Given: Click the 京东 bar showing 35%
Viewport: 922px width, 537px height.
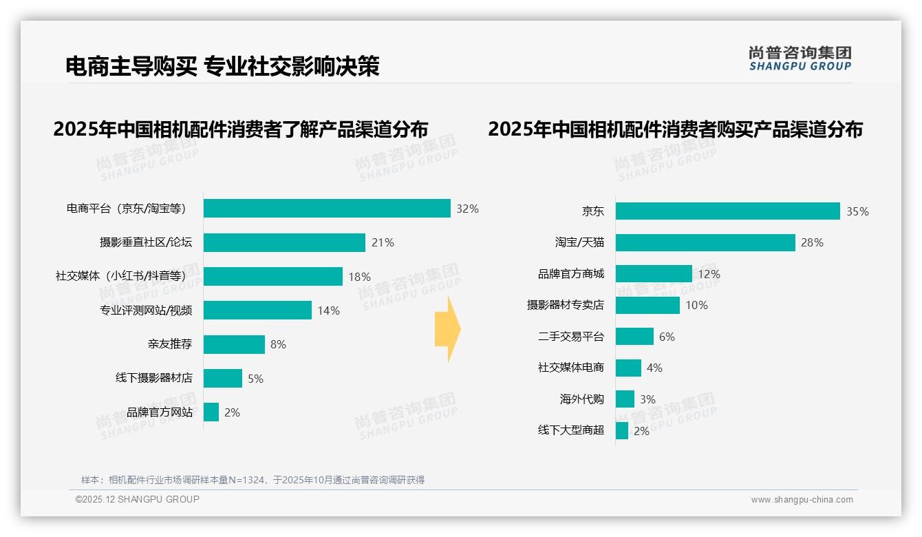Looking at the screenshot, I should pyautogui.click(x=727, y=211).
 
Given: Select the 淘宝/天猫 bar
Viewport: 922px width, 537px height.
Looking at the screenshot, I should pyautogui.click(x=705, y=242).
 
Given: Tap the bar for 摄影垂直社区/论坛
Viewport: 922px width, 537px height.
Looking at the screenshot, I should pyautogui.click(x=284, y=242).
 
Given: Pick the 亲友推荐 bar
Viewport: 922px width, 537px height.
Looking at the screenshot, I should pyautogui.click(x=234, y=344).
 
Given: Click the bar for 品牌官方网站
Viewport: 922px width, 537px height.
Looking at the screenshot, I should pyautogui.click(x=211, y=412).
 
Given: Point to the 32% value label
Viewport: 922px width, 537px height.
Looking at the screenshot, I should pyautogui.click(x=467, y=209).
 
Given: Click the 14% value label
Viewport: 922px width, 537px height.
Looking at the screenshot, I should pyautogui.click(x=328, y=310).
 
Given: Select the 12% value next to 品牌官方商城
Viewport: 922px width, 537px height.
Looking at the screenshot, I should pyautogui.click(x=709, y=274).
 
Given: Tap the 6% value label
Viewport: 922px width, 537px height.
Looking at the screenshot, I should pyautogui.click(x=667, y=337).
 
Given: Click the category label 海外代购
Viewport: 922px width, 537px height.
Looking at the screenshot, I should pyautogui.click(x=581, y=399).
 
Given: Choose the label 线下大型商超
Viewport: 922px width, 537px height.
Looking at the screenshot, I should pyautogui.click(x=570, y=430).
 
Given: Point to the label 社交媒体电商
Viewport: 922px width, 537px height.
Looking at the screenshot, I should pyautogui.click(x=570, y=368).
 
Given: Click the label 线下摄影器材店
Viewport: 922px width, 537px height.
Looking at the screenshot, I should pyautogui.click(x=153, y=378).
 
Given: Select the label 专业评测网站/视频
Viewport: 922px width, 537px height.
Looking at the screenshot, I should pyautogui.click(x=146, y=310).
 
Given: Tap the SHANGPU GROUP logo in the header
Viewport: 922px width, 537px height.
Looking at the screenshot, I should pyautogui.click(x=800, y=59).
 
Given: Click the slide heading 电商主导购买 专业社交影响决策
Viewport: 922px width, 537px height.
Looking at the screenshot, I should pyautogui.click(x=222, y=66).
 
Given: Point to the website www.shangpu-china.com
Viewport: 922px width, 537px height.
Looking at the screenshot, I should pyautogui.click(x=802, y=500).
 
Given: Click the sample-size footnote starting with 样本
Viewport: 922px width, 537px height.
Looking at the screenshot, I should pyautogui.click(x=253, y=480).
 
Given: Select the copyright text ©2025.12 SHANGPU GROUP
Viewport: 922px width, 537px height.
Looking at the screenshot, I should pyautogui.click(x=138, y=499).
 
